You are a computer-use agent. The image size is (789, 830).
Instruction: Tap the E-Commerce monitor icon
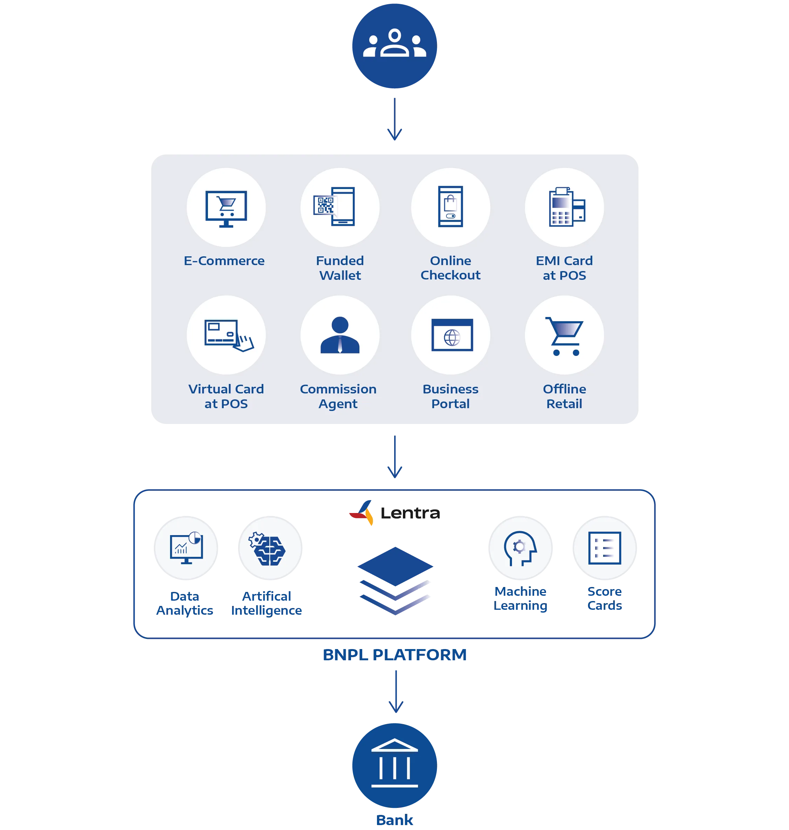(x=226, y=209)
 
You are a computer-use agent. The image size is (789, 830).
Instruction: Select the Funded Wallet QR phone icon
(x=334, y=207)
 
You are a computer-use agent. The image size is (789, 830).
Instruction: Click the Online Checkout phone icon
(x=451, y=207)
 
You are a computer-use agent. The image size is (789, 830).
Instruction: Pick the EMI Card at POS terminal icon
(x=567, y=207)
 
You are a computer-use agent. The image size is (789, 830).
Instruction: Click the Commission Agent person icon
(x=340, y=335)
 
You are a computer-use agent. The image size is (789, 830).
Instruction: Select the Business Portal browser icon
(x=452, y=335)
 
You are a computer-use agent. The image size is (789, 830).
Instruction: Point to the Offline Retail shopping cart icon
(x=565, y=336)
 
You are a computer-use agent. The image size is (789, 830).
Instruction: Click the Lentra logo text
(x=410, y=513)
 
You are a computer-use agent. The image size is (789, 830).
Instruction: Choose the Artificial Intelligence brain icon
(x=268, y=549)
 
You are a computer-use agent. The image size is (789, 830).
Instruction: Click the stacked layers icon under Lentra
(x=395, y=581)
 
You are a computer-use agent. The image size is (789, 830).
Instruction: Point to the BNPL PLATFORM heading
(x=394, y=655)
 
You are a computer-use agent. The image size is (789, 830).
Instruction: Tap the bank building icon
(x=394, y=763)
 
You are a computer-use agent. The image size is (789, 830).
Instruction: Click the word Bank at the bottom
(x=394, y=820)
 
